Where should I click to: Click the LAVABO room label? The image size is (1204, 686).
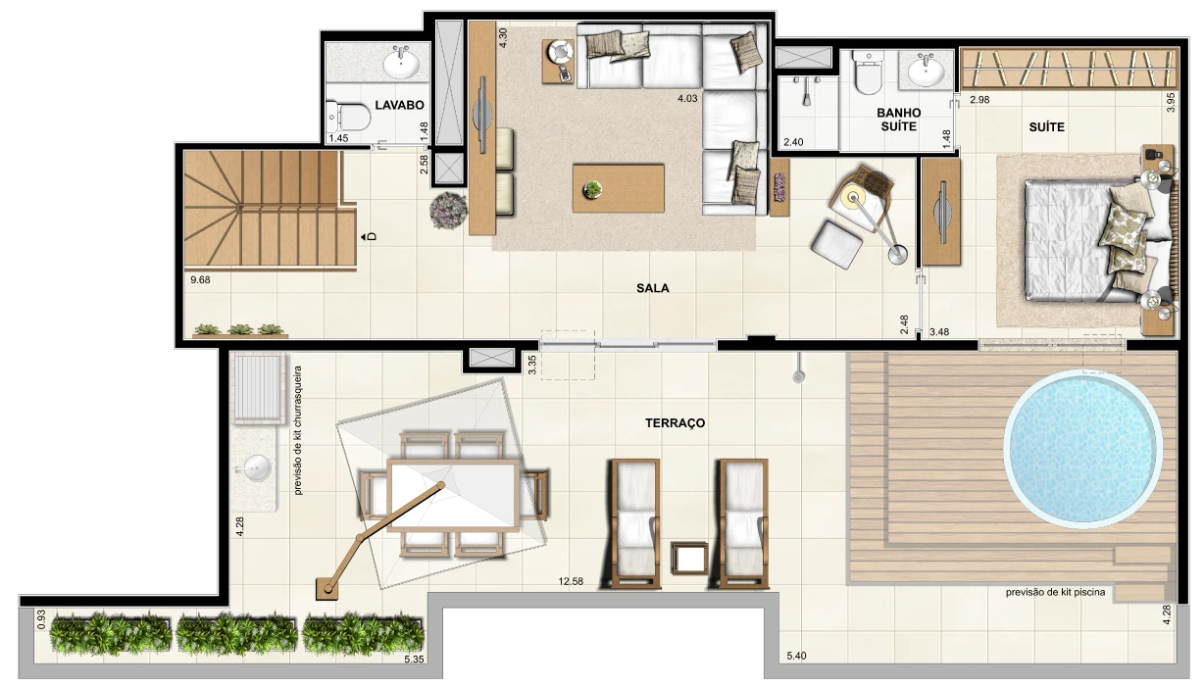pyautogui.click(x=399, y=105)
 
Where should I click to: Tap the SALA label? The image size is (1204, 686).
pyautogui.click(x=653, y=288)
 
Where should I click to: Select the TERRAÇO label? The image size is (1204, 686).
pyautogui.click(x=676, y=423)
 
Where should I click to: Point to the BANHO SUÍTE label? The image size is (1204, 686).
pyautogui.click(x=899, y=120)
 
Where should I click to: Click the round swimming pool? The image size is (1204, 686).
pyautogui.click(x=1082, y=449)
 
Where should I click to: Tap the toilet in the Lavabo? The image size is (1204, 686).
pyautogui.click(x=349, y=117)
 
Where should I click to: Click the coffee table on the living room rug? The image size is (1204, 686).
pyautogui.click(x=618, y=188)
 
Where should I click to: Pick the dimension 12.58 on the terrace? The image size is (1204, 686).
pyautogui.click(x=571, y=581)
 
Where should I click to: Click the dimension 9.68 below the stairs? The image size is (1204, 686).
pyautogui.click(x=200, y=280)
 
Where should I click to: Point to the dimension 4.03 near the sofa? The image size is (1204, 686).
pyautogui.click(x=687, y=98)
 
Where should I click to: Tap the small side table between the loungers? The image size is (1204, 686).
pyautogui.click(x=689, y=559)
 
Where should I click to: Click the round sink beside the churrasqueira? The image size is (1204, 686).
pyautogui.click(x=253, y=468)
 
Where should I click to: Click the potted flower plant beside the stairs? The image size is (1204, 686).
pyautogui.click(x=448, y=211)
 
